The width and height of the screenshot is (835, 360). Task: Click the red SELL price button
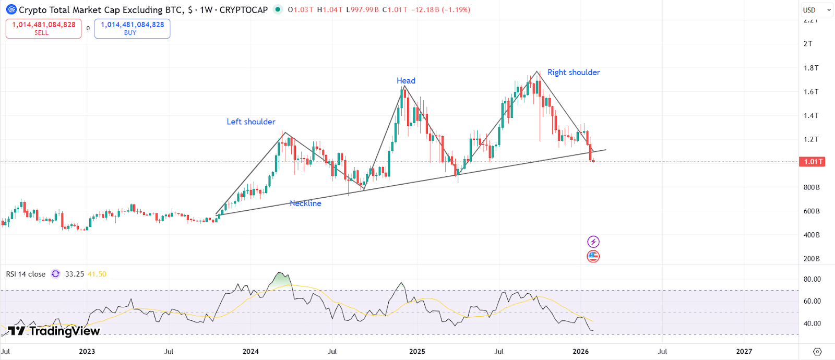tap(43, 29)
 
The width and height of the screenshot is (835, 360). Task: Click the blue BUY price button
tap(132, 29)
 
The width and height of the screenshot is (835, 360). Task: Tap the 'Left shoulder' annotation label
tap(250, 122)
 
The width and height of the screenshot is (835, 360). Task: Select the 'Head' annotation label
tap(405, 80)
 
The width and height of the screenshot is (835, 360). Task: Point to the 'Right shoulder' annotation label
tap(573, 73)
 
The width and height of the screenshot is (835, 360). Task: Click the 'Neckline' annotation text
tap(305, 203)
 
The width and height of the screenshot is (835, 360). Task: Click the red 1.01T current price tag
tap(812, 162)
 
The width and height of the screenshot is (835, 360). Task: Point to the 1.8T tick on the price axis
tap(811, 68)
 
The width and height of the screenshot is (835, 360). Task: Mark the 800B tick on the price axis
tap(811, 187)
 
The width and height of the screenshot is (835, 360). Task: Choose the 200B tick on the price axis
tap(811, 259)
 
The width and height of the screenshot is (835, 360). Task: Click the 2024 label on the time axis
tap(250, 352)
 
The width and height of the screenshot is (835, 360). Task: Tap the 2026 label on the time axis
tap(580, 352)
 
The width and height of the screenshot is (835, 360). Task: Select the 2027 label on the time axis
tap(744, 352)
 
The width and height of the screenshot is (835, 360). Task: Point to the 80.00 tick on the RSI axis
tap(812, 279)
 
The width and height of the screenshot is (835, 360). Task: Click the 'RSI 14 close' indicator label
tap(26, 274)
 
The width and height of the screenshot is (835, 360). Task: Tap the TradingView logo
tap(54, 331)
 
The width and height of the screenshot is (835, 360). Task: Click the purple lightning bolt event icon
tap(593, 242)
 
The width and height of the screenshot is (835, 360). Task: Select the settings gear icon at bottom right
tap(817, 352)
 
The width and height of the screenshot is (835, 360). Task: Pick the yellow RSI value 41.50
tap(97, 274)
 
